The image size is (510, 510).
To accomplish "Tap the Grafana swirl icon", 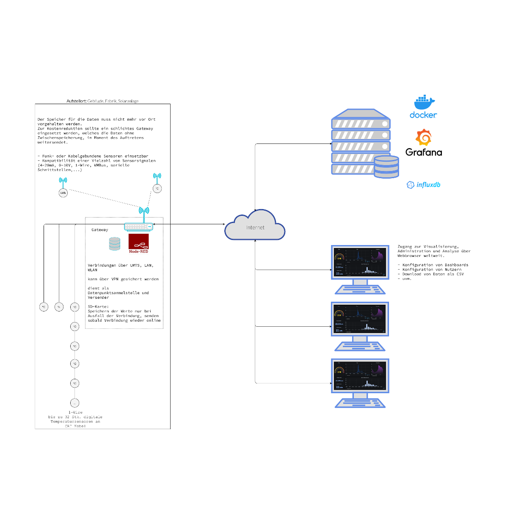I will pos(424,138).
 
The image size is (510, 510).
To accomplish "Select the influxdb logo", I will pos(424,185).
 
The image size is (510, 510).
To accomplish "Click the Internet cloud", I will pos(255,227).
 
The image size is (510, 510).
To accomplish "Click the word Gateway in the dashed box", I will pos(100,230).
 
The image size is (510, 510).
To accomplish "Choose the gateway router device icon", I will pos(138,227).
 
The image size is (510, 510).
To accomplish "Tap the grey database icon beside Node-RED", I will pos(115,243).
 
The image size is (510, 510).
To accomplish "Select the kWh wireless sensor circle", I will pos(63,193).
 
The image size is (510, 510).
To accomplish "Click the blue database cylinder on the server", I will pos(386,167).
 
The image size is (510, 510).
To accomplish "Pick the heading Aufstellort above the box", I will pos(77,101).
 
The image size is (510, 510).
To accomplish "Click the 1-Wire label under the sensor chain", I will pos(75,412).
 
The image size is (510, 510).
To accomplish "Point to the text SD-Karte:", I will pos(98,306).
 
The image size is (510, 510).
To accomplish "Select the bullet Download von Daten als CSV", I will pos(433,274).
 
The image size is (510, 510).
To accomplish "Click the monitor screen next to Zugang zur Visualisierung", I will pos(360,262).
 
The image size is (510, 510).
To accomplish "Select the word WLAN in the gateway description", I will pos(93,270).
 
